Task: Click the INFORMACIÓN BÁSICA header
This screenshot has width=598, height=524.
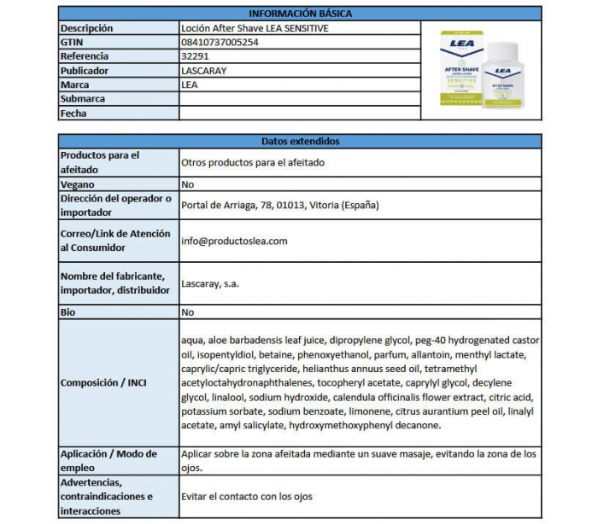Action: point(299,14)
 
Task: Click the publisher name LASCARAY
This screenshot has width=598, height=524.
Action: point(204,71)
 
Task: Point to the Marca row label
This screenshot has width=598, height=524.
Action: point(75,85)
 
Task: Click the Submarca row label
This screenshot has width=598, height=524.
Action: point(83,99)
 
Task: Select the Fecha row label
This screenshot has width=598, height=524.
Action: point(73,114)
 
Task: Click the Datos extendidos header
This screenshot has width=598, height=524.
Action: point(299,141)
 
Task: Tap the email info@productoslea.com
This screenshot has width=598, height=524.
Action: point(234,241)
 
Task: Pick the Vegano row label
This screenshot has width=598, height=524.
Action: point(78,184)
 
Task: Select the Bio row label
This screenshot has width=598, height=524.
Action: point(68,312)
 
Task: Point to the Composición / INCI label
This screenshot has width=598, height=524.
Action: point(103,382)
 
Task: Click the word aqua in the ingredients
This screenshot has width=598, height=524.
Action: point(192,341)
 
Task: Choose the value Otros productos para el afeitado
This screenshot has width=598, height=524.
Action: point(253,162)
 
